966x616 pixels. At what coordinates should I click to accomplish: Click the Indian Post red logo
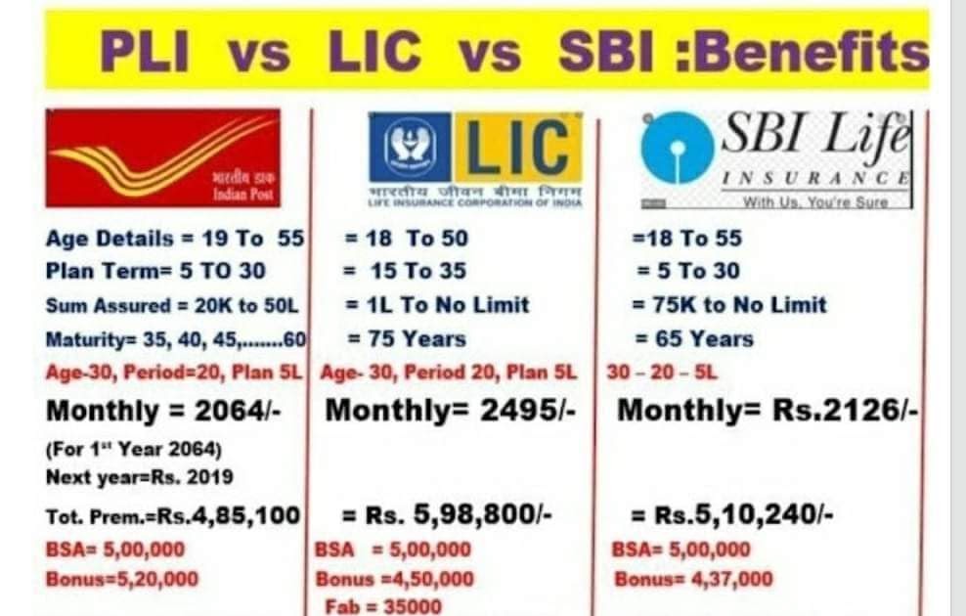(x=162, y=157)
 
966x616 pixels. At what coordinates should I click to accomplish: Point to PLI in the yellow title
(x=146, y=53)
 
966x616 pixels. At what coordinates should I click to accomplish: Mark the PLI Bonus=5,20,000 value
(x=121, y=579)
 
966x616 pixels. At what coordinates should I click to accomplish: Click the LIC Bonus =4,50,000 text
(x=394, y=579)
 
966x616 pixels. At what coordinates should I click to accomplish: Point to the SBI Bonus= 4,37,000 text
(x=692, y=579)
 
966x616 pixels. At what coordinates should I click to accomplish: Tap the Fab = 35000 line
(x=383, y=606)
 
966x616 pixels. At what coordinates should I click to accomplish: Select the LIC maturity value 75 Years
(x=407, y=338)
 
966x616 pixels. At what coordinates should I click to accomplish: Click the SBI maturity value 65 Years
(x=694, y=338)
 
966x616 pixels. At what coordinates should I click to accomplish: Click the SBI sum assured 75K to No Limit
(x=729, y=304)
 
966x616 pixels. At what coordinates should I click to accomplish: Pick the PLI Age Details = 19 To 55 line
(x=175, y=239)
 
